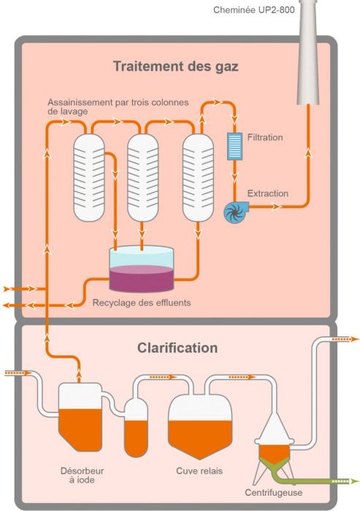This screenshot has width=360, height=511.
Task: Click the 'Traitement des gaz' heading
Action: click(176, 66)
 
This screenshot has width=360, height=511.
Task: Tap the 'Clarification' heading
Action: click(177, 347)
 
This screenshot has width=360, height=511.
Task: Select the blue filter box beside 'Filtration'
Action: click(234, 146)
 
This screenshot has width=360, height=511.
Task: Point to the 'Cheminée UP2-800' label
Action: click(253, 9)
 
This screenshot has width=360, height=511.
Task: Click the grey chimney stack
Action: click(308, 52)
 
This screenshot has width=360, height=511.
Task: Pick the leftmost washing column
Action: click(88, 177)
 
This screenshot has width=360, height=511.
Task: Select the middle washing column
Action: click(142, 177)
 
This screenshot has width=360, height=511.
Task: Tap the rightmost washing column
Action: click(198, 177)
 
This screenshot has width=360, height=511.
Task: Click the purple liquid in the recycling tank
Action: click(141, 279)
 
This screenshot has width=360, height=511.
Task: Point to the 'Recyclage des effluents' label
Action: click(142, 303)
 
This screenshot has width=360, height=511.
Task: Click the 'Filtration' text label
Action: click(265, 137)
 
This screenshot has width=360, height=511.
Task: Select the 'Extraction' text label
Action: click(268, 193)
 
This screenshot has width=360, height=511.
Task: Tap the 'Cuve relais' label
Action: click(199, 471)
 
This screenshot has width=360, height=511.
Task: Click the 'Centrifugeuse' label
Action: click(274, 493)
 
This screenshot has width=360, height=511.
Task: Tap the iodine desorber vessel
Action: click(80, 417)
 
